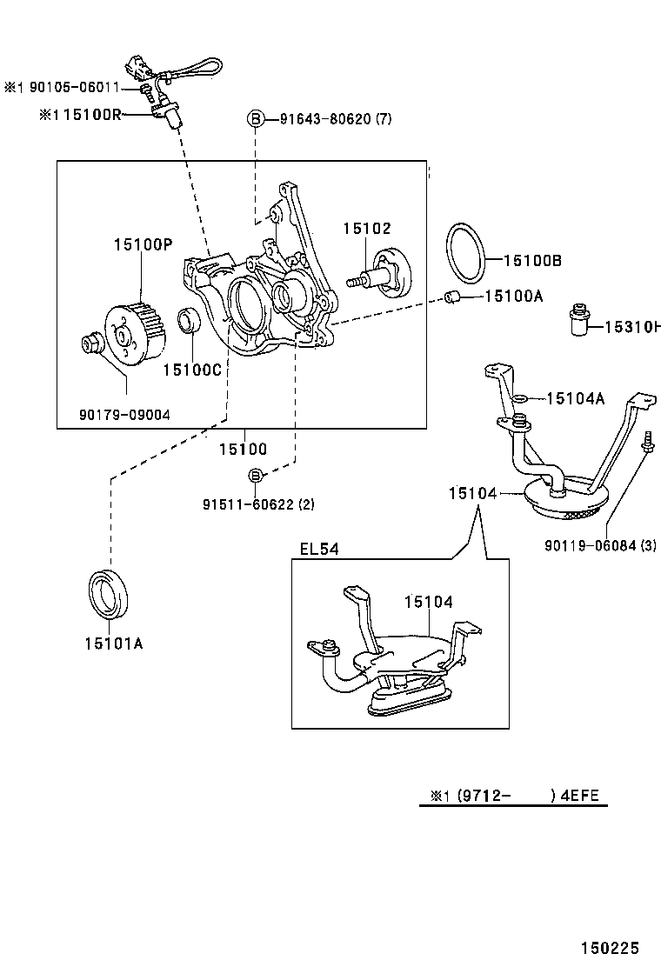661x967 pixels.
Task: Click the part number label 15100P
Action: coord(143,246)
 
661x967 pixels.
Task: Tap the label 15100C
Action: coord(192,369)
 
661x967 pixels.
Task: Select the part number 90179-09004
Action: coord(125,415)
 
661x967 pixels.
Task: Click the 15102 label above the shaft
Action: coord(366,229)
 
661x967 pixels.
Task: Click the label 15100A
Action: coord(513,297)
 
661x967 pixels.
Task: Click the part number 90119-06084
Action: coord(590,546)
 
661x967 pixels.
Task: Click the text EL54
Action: coord(319,549)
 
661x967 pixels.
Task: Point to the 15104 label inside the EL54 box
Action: coord(428,602)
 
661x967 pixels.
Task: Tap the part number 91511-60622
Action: coord(246,504)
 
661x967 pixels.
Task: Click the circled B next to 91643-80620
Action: coord(256,118)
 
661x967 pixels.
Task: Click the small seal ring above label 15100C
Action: coord(190,322)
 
